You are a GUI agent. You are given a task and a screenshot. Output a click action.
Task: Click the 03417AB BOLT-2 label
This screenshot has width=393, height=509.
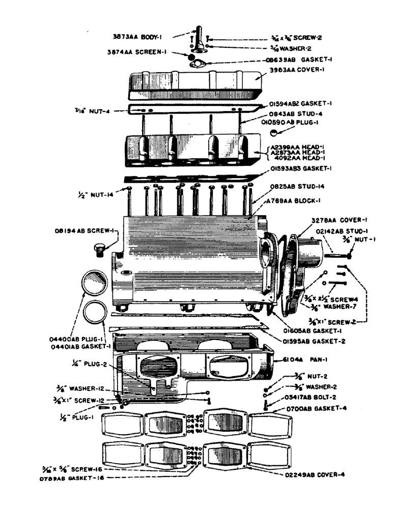pos(306,397)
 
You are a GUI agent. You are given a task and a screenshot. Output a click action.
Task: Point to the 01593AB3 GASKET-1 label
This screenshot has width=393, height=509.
pos(301,168)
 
